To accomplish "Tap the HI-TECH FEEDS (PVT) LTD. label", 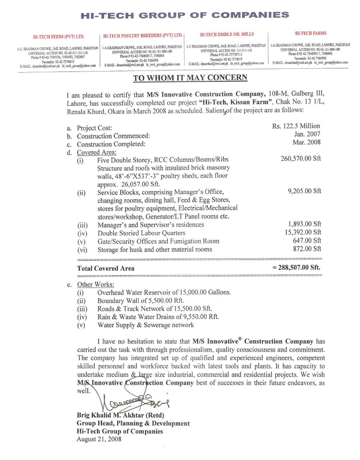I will (x=58, y=38).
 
